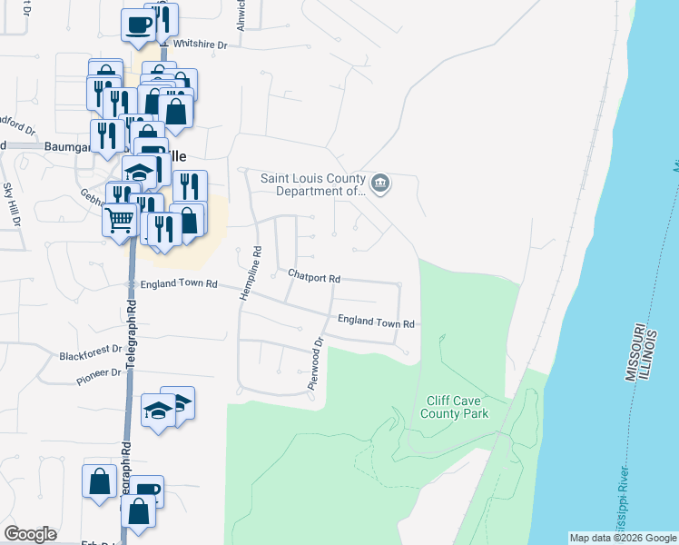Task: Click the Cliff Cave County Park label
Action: (455, 407)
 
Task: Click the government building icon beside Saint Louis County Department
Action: (381, 184)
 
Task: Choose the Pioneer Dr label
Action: (98, 373)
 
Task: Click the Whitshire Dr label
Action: (205, 43)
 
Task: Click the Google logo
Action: (30, 534)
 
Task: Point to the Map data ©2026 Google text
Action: (622, 538)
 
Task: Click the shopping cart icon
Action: (120, 219)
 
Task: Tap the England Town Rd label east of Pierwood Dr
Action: (376, 322)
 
